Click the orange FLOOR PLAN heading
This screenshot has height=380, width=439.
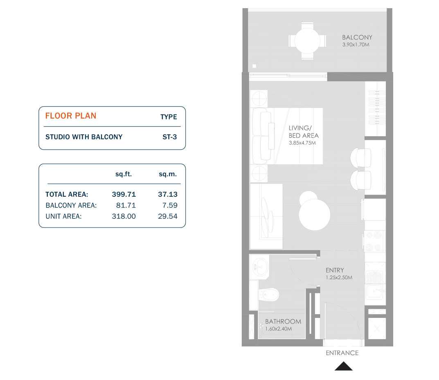pyautogui.click(x=71, y=116)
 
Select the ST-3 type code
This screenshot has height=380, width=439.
pyautogui.click(x=169, y=137)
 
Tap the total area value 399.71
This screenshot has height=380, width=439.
pyautogui.click(x=124, y=194)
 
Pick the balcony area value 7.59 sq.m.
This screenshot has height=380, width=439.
pyautogui.click(x=167, y=205)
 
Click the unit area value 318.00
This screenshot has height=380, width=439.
pyautogui.click(x=124, y=216)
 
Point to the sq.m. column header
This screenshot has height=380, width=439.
pyautogui.click(x=167, y=174)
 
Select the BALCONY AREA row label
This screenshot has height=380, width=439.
pyautogui.click(x=71, y=205)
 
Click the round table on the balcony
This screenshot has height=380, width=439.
pyautogui.click(x=308, y=41)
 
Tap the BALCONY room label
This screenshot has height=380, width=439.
pyautogui.click(x=357, y=38)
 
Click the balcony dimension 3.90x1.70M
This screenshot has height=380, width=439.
pyautogui.click(x=356, y=45)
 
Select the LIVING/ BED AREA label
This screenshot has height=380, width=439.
pyautogui.click(x=303, y=132)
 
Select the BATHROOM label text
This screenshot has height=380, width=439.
pyautogui.click(x=283, y=322)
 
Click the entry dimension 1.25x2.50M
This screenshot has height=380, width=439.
pyautogui.click(x=339, y=277)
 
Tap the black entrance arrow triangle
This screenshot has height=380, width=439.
pyautogui.click(x=343, y=366)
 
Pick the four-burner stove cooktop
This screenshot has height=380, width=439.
pyautogui.click(x=374, y=241)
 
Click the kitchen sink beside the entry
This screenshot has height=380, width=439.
pyautogui.click(x=375, y=284)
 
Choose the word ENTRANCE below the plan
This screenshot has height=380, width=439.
pyautogui.click(x=342, y=353)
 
